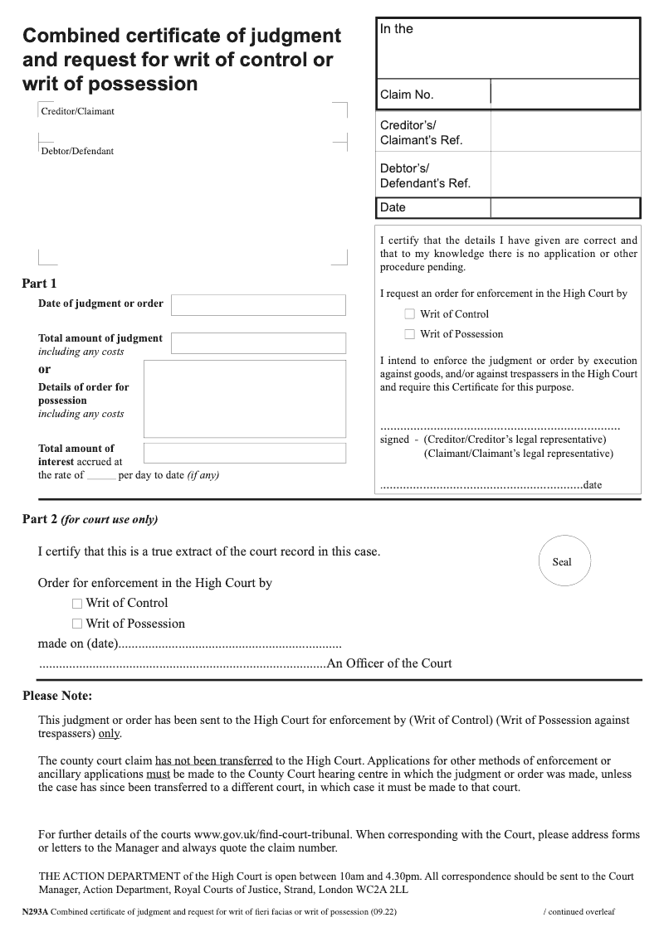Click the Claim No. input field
pyautogui.click(x=564, y=94)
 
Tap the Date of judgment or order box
pyautogui.click(x=258, y=305)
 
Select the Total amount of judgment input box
pyautogui.click(x=258, y=343)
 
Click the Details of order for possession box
pyautogui.click(x=245, y=399)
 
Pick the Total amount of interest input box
pyautogui.click(x=245, y=453)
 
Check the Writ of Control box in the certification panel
pyautogui.click(x=409, y=314)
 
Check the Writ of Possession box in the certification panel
pyautogui.click(x=409, y=334)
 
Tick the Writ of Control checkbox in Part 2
pyautogui.click(x=77, y=604)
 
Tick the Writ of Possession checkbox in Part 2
pyautogui.click(x=77, y=624)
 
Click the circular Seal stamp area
pyautogui.click(x=562, y=561)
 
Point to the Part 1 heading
pyautogui.click(x=39, y=284)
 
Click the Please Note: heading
pyautogui.click(x=57, y=696)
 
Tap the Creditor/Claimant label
pyautogui.click(x=78, y=111)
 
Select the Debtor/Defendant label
pyautogui.click(x=77, y=151)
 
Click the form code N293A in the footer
pyautogui.click(x=36, y=911)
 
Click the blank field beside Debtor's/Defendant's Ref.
pyautogui.click(x=564, y=174)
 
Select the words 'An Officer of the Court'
pyautogui.click(x=389, y=663)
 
